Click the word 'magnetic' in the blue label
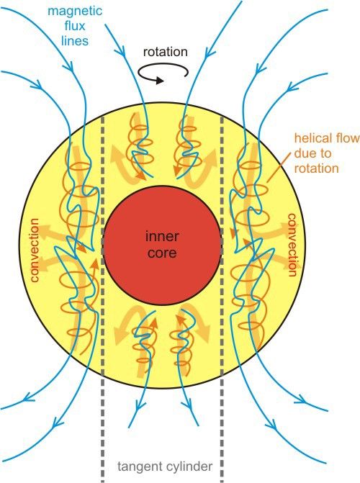tap(75, 12)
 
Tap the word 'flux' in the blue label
tap(75, 26)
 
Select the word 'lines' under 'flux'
tap(75, 40)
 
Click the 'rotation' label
tap(165, 52)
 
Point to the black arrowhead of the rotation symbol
tap(159, 81)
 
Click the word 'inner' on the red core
tap(162, 236)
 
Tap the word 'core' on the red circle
tap(162, 253)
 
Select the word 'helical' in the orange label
tap(314, 138)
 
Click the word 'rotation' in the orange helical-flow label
tap(317, 168)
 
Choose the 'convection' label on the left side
tap(35, 250)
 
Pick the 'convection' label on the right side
tap(293, 245)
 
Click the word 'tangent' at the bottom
tap(138, 466)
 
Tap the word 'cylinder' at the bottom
tap(187, 466)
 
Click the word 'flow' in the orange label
tap(348, 138)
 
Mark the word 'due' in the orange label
tap(305, 153)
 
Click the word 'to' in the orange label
tap(325, 153)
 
